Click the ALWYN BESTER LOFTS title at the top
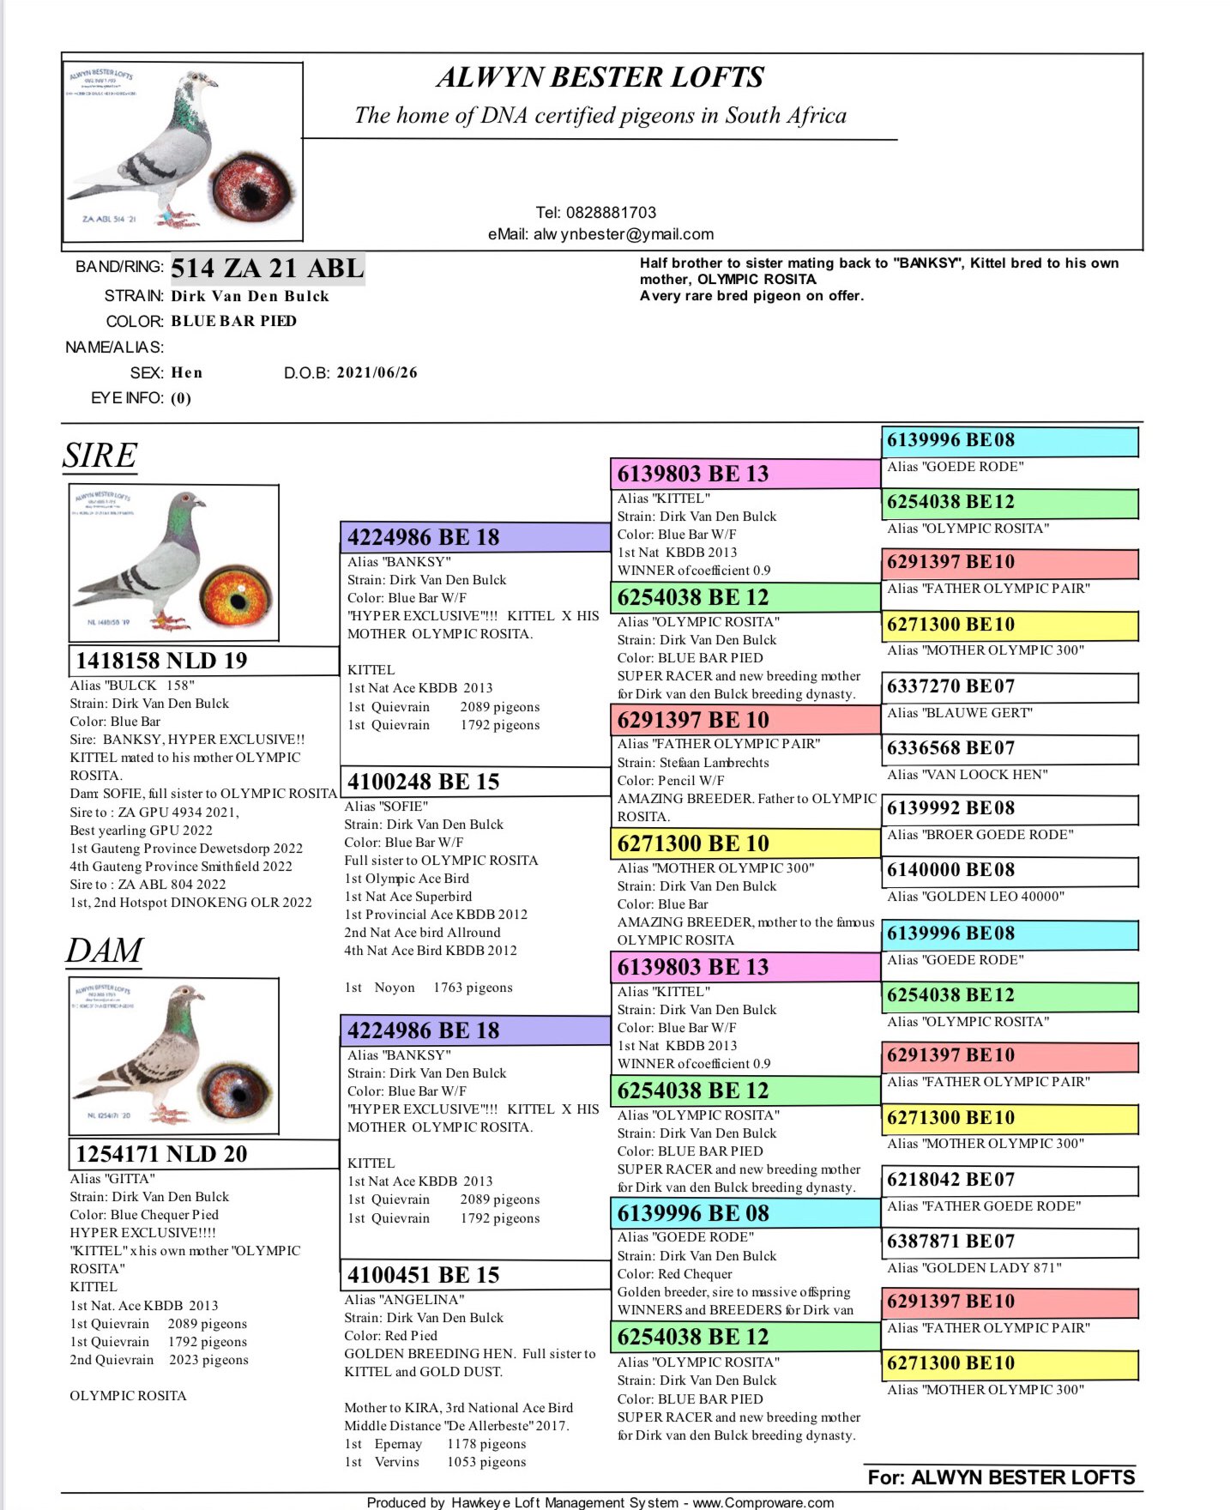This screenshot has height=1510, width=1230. tap(600, 77)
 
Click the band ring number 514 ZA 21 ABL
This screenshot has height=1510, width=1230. tap(268, 269)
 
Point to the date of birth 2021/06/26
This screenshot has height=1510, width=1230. tap(377, 372)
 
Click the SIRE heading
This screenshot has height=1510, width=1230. tap(99, 456)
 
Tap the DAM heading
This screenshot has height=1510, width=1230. tap(104, 950)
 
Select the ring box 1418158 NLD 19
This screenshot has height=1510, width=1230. tap(203, 661)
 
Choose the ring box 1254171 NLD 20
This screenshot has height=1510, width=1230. tap(203, 1154)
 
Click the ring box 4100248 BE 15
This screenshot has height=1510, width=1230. tap(474, 782)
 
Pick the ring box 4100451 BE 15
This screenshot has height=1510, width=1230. tap(474, 1275)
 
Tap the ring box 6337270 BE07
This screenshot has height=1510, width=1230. tap(1010, 686)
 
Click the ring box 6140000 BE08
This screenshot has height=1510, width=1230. tap(1010, 870)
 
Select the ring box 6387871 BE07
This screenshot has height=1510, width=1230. tap(1010, 1241)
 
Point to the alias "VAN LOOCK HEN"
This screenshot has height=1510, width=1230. tap(967, 775)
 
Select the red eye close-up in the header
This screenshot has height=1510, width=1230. tap(252, 189)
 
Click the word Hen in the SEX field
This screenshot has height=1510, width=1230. tap(187, 372)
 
